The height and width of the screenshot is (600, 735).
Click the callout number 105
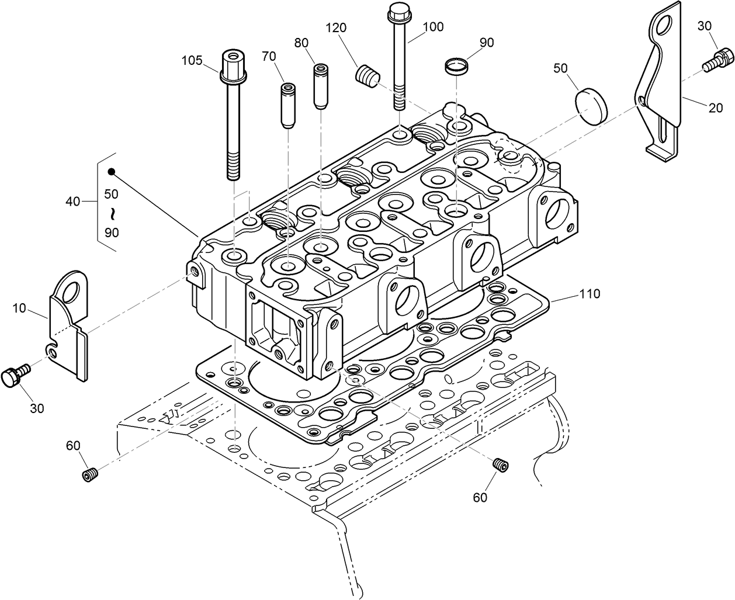(192, 60)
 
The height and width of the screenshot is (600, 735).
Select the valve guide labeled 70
(287, 105)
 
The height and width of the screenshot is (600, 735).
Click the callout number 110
(589, 294)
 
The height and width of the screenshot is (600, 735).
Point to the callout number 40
(72, 202)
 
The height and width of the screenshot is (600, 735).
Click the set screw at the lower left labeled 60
(88, 474)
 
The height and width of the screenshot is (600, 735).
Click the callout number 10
(19, 308)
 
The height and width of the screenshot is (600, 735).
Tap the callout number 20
(715, 107)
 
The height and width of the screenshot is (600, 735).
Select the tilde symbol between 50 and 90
(111, 212)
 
